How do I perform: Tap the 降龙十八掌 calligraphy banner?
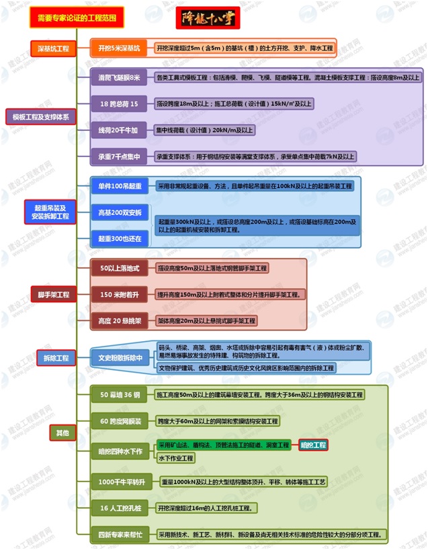(208, 18)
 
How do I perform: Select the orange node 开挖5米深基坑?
(120, 48)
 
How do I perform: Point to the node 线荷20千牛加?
(118, 130)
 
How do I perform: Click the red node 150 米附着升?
(120, 294)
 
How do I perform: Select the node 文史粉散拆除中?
(121, 358)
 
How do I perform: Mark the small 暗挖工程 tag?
(313, 445)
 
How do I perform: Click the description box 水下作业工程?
(175, 458)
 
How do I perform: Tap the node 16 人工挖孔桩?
(119, 508)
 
